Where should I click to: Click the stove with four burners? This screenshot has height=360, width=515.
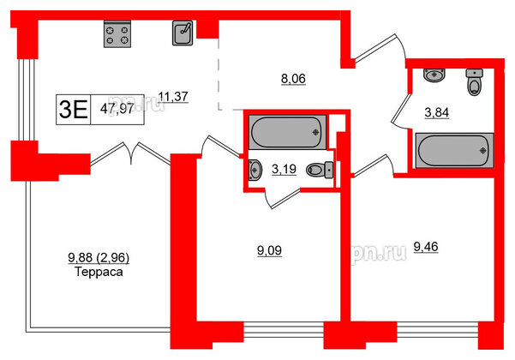click(118, 35)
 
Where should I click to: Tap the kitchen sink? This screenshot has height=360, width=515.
click(181, 33)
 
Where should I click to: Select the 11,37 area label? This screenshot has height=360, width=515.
click(175, 96)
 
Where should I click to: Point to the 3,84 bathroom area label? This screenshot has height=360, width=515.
click(439, 111)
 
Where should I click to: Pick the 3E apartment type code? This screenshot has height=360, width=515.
click(73, 109)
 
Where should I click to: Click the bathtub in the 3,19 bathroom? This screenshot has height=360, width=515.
click(286, 133)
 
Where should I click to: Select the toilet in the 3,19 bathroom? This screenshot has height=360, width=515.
click(320, 171)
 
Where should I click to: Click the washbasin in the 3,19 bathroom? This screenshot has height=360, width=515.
click(253, 171)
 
